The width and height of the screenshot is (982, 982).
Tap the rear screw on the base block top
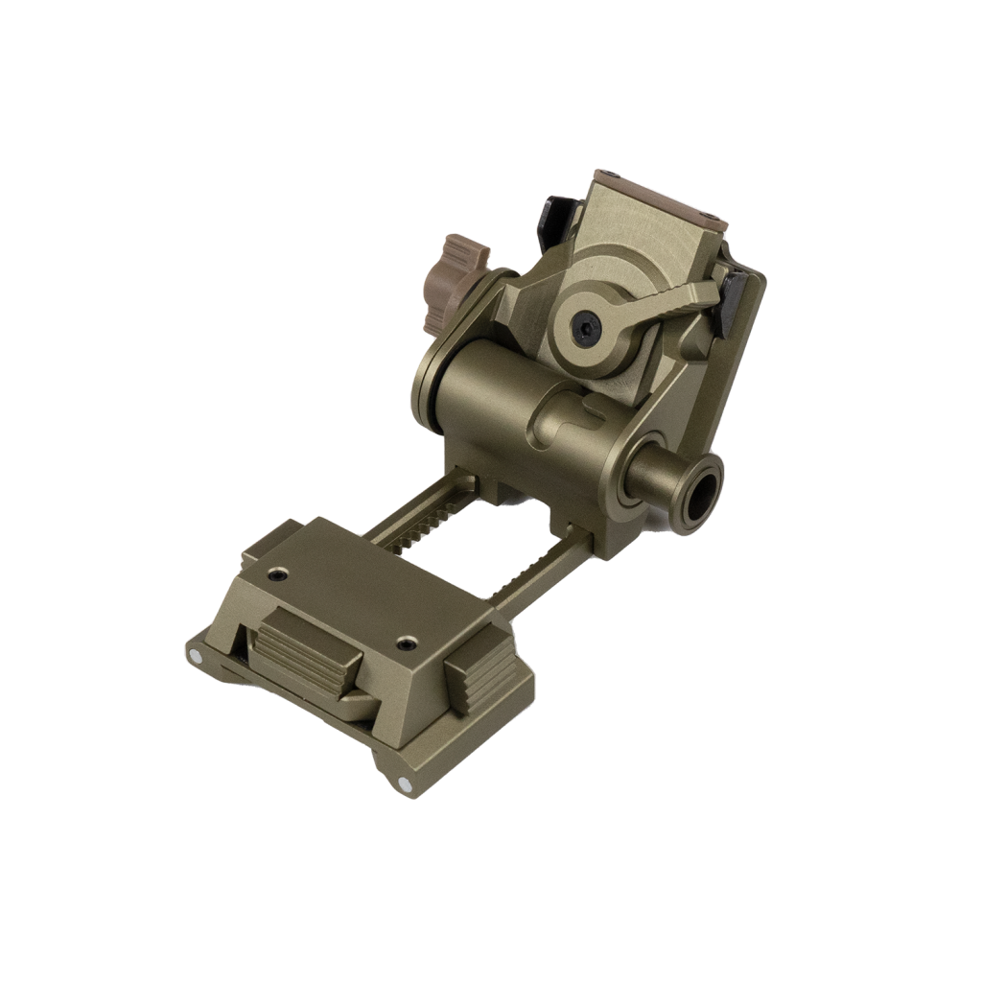pos(277,575)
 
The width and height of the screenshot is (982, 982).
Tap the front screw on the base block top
pos(408,643)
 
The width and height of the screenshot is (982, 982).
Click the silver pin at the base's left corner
pos(196,656)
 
